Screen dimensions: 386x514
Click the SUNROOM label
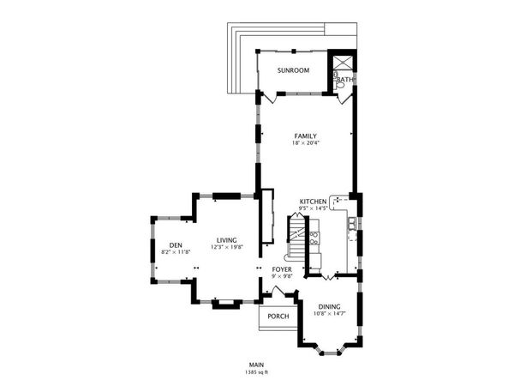pyautogui.click(x=293, y=70)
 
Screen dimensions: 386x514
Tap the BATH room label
pyautogui.click(x=345, y=80)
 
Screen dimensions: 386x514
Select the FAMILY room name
pyautogui.click(x=306, y=136)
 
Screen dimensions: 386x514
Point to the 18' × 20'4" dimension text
pyautogui.click(x=306, y=142)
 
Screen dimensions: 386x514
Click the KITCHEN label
pyautogui.click(x=314, y=201)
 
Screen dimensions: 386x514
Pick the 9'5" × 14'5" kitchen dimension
pyautogui.click(x=314, y=208)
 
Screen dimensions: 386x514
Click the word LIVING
pyautogui.click(x=227, y=240)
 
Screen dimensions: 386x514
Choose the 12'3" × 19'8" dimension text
pyautogui.click(x=227, y=247)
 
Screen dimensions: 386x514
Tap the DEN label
pyautogui.click(x=176, y=245)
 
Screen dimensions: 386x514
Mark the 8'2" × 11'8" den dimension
pyautogui.click(x=176, y=252)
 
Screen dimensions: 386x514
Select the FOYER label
pyautogui.click(x=282, y=269)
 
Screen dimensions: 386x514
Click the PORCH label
pyautogui.click(x=278, y=317)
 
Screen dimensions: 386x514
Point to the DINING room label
pyautogui.click(x=330, y=306)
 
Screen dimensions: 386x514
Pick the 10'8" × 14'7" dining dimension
pyautogui.click(x=330, y=313)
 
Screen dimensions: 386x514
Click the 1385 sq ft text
pyautogui.click(x=255, y=372)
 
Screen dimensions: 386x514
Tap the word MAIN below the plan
pyautogui.click(x=255, y=365)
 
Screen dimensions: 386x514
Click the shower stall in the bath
pyautogui.click(x=344, y=63)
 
